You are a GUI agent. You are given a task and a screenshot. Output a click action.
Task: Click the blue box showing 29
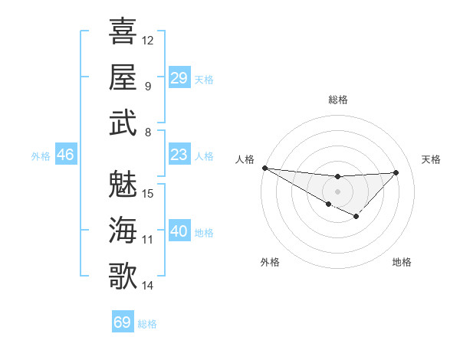pos(179,77)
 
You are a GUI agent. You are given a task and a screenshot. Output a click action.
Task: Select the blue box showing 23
pos(179,155)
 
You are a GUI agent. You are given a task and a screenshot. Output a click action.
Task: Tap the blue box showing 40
pos(179,232)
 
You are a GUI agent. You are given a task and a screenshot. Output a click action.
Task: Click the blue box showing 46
pos(65,155)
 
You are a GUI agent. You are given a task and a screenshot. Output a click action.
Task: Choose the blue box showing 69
pos(123,322)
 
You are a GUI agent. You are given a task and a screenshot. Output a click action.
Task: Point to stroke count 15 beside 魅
pos(149,194)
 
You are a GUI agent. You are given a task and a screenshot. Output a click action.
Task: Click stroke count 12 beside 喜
pos(148,40)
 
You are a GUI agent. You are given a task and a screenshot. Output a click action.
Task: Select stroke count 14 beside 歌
pos(148,286)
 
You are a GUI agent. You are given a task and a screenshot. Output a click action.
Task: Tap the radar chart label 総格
pos(337,100)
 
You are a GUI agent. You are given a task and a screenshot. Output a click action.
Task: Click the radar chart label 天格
pos(431,159)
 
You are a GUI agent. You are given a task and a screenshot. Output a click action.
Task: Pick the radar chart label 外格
pos(270,262)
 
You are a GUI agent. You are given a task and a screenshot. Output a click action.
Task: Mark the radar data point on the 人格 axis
pos(264,168)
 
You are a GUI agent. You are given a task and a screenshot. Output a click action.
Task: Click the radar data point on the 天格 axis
pos(396,172)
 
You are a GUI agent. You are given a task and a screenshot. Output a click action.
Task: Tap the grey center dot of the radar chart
pos(337,191)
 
